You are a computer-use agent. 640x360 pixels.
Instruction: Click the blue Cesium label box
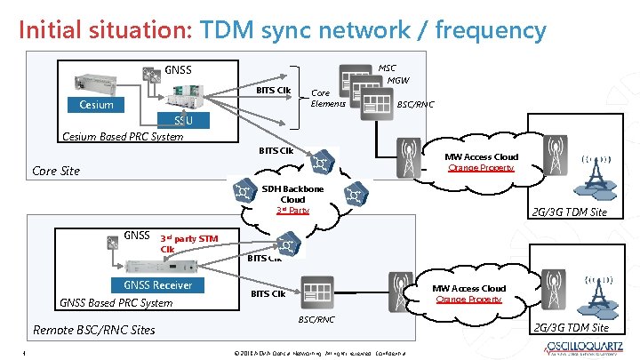point(96,105)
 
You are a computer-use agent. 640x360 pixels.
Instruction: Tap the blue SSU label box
point(183,120)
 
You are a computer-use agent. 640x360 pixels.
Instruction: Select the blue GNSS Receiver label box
point(157,285)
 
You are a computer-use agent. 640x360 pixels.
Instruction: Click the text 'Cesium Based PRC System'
point(122,137)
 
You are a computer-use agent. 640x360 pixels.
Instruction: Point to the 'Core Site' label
point(56,171)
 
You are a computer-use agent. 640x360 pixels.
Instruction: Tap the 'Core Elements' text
point(322,98)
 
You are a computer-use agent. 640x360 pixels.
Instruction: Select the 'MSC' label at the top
point(388,68)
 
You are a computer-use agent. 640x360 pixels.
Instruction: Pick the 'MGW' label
point(397,81)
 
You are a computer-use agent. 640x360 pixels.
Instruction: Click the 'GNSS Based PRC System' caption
point(116,302)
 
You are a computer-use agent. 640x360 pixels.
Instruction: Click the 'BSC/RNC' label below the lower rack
point(316,317)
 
